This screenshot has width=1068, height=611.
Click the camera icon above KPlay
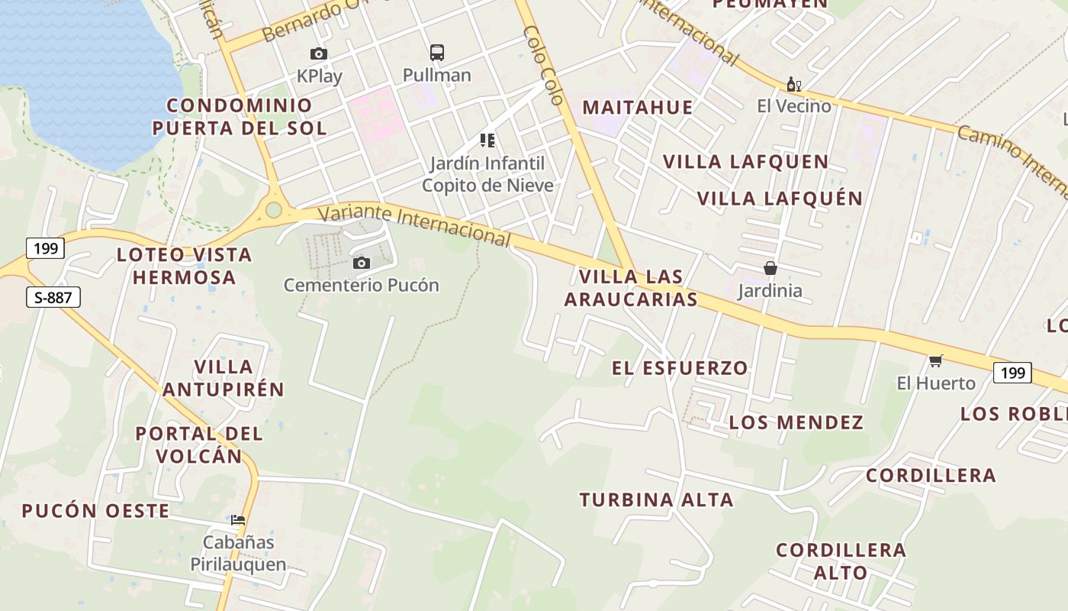pos(319,53)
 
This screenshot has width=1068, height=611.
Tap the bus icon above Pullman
pos(436,53)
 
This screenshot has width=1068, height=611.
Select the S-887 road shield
pos(53,297)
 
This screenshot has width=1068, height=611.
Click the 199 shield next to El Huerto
pos(1012,373)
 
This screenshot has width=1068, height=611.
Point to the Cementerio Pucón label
pos(362,285)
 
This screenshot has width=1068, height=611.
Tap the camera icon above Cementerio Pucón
pos(362,263)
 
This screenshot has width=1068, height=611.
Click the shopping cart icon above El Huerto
pos(936,360)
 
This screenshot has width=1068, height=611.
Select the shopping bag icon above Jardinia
pos(770,268)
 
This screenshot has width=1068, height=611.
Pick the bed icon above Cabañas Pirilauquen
pos(238,520)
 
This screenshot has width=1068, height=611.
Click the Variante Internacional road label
pos(414,225)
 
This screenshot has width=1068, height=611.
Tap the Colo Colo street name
pos(544,65)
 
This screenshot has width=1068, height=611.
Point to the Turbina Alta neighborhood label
pos(656,500)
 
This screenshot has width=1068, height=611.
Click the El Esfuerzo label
pos(680,368)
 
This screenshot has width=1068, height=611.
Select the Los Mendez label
pos(796,422)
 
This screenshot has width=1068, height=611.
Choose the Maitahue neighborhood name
pos(638,107)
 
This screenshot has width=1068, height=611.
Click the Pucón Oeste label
pos(95,511)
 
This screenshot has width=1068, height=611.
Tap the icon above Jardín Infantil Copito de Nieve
pos(487,140)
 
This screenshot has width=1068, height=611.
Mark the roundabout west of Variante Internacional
pos(273,210)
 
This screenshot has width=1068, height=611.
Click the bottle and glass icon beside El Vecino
pos(794,84)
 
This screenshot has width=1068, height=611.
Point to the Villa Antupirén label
pos(224,378)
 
